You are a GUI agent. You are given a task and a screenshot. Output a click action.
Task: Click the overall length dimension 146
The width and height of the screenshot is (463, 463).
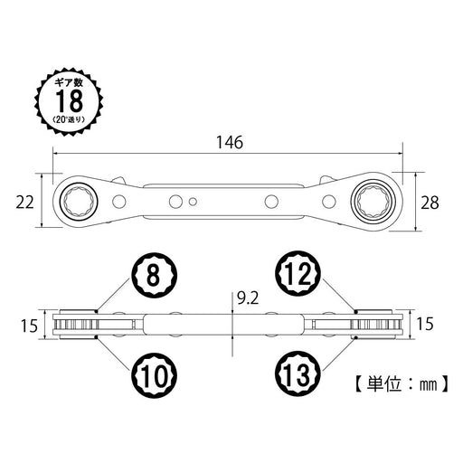tap(231, 143)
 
